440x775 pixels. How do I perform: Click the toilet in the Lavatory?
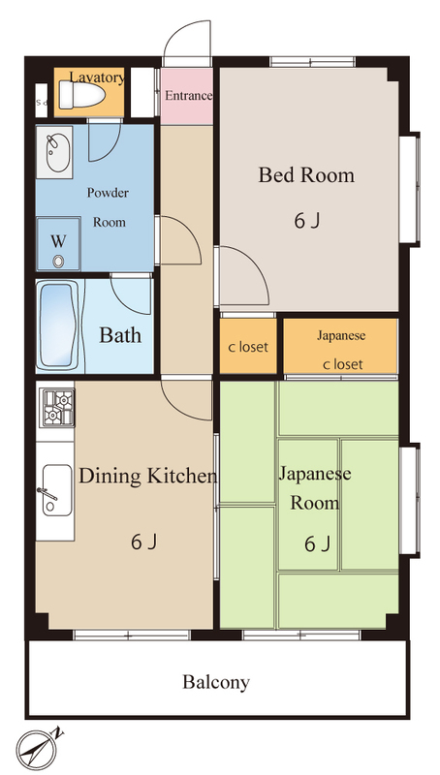click(81, 93)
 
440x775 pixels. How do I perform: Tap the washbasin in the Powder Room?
click(58, 152)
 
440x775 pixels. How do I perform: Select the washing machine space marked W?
click(58, 244)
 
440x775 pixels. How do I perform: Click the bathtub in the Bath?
click(60, 326)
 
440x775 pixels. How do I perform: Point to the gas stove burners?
click(58, 408)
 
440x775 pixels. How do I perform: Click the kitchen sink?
click(56, 490)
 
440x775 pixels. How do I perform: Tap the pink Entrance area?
click(187, 96)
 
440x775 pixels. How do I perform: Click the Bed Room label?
click(306, 175)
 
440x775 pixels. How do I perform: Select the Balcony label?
click(216, 682)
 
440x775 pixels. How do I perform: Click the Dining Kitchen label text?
click(148, 476)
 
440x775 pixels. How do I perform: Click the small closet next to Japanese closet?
click(248, 346)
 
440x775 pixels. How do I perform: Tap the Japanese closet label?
click(341, 350)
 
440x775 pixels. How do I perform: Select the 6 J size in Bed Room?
click(307, 221)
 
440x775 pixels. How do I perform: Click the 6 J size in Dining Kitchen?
click(144, 542)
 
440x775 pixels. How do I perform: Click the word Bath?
click(120, 335)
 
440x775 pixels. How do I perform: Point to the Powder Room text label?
click(109, 207)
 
